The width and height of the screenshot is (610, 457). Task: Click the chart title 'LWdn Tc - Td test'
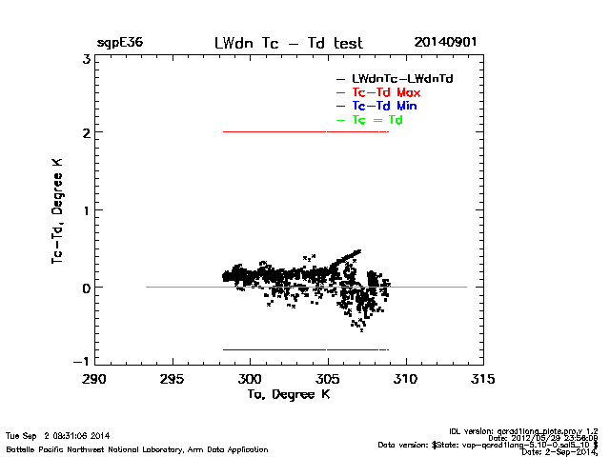(289, 43)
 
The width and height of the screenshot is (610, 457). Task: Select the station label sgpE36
(120, 43)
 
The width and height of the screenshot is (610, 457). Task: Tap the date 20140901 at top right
(445, 43)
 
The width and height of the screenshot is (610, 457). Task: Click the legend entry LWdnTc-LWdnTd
(396, 77)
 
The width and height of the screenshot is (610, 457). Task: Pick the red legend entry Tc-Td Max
(386, 91)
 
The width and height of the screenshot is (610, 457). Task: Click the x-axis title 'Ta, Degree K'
(288, 393)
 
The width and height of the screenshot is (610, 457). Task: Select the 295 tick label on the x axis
(172, 378)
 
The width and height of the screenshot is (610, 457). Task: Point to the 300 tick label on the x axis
(250, 378)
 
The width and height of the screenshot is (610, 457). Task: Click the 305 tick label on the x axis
(328, 378)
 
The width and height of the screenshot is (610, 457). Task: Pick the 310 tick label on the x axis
(406, 378)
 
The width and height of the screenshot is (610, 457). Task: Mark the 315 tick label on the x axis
(483, 378)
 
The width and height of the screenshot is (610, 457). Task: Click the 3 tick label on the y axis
(86, 59)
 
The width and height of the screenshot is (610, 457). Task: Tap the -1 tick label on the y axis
(82, 361)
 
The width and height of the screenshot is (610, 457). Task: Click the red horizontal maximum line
(305, 131)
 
